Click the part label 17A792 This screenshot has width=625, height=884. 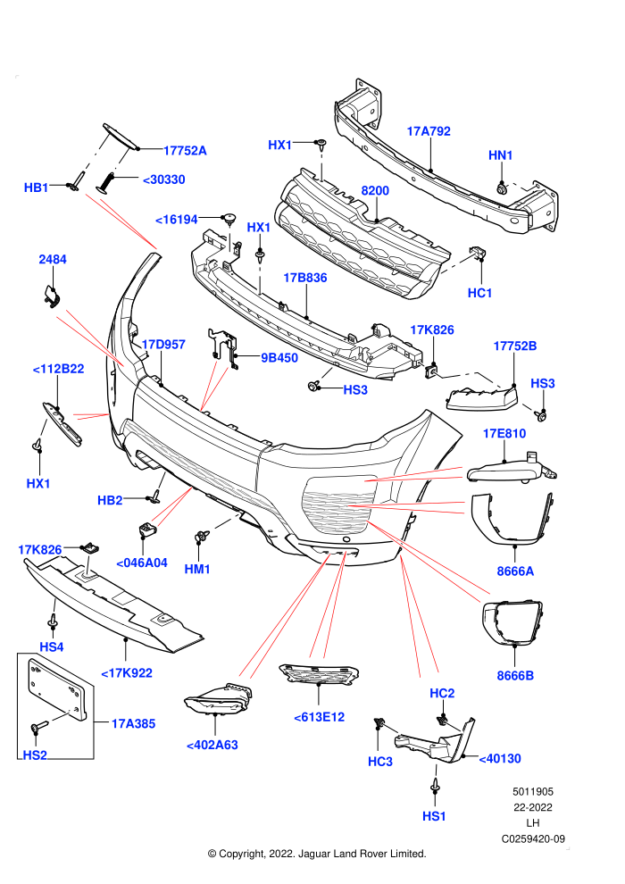pos(429,131)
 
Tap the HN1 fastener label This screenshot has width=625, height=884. pos(501,155)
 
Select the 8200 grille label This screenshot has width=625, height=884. pos(375,190)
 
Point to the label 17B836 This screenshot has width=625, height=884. pos(304,278)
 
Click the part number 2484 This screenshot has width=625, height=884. pos(53,259)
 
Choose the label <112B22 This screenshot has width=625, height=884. pos(59,369)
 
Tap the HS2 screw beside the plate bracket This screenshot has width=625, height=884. pos(37,728)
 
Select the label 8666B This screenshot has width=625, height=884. pos(515,675)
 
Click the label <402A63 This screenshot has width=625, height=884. pos(212,746)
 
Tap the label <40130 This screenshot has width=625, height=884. pos(500,759)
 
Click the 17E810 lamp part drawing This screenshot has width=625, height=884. pos(511,469)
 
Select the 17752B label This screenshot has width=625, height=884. pos(515,346)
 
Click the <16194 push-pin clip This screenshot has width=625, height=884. pos(229,218)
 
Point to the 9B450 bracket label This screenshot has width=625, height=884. pos(279,357)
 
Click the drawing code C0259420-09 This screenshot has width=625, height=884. pos(533,838)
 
